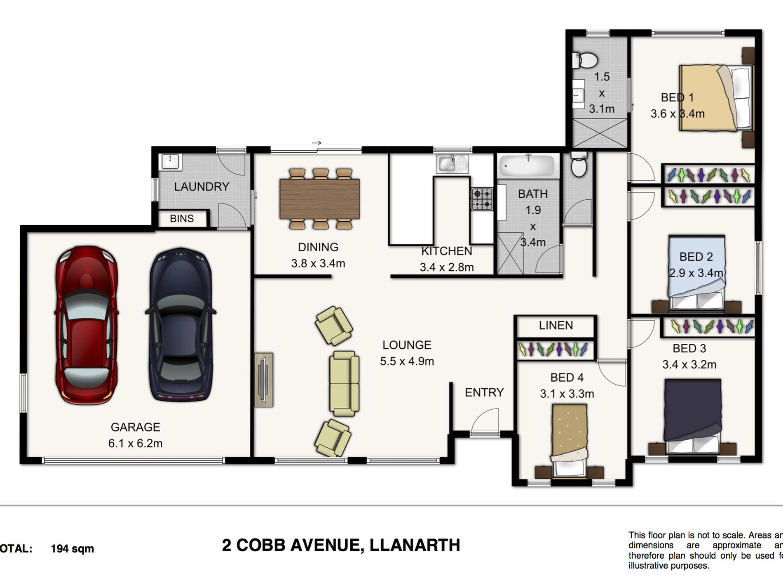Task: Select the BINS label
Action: point(182,219)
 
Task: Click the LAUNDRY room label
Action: point(202,187)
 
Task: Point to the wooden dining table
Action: point(319,198)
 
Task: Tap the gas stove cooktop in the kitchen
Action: point(482,199)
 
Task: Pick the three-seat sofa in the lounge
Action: point(344,383)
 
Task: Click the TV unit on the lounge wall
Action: point(264,380)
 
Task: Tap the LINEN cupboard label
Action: point(556,326)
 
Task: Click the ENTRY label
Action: point(484,392)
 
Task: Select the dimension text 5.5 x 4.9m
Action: point(407,361)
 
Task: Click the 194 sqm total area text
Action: point(72,549)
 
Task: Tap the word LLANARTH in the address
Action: point(415,545)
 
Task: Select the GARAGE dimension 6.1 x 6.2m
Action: point(135,444)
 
